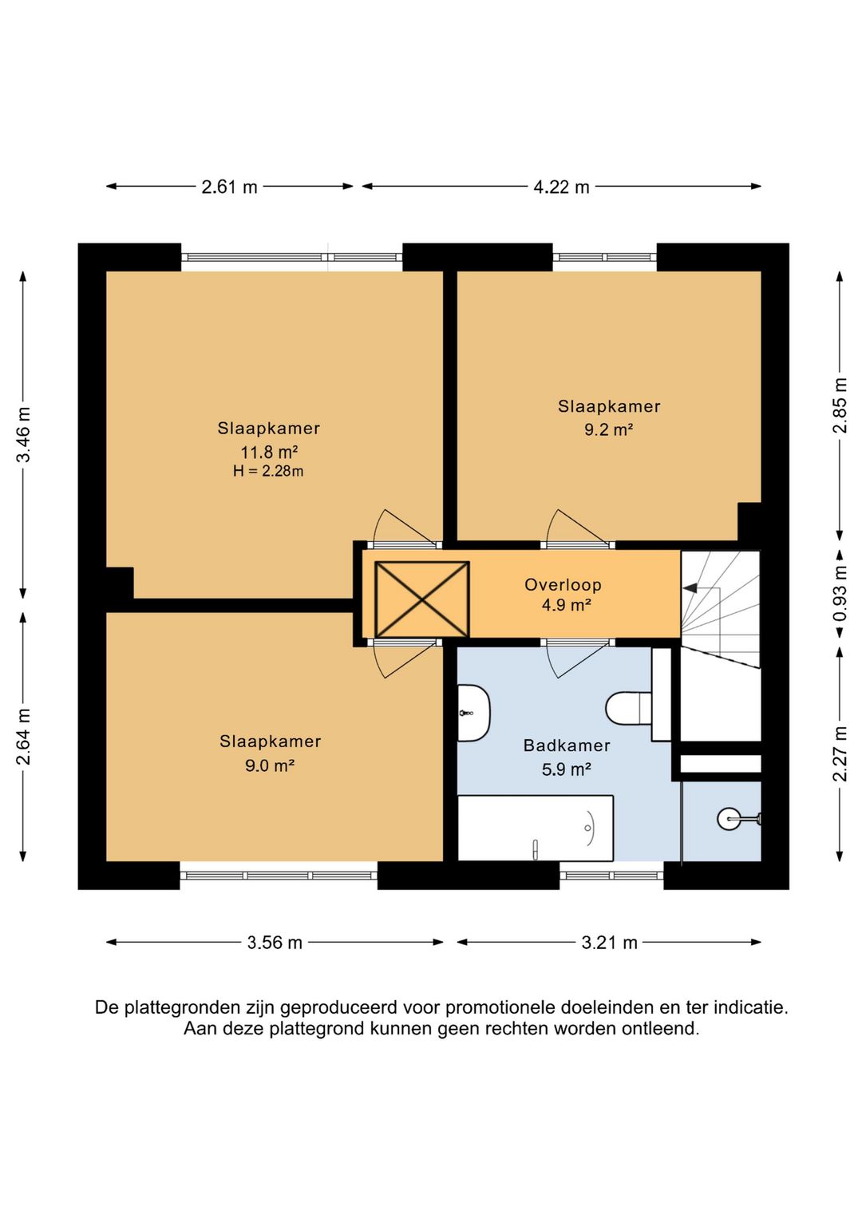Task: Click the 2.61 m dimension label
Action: point(229,187)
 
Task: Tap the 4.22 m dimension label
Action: point(561,187)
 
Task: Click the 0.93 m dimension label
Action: point(840,593)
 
